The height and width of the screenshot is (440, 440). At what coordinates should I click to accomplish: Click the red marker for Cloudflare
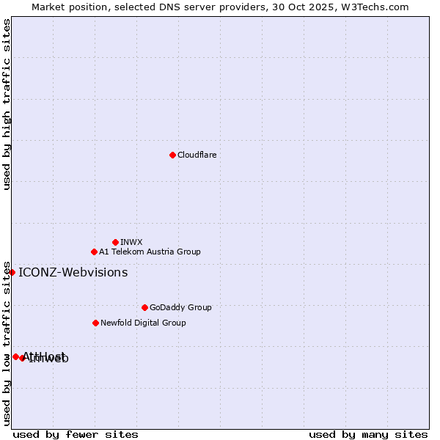(172, 155)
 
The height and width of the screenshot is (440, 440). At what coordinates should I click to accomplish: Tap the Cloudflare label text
(197, 155)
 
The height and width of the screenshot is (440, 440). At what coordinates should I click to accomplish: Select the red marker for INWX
(115, 242)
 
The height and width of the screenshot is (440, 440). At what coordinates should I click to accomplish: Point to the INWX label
(131, 242)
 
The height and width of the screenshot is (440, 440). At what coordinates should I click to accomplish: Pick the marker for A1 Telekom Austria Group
(94, 252)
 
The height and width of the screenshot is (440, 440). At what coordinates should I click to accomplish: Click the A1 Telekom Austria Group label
(150, 252)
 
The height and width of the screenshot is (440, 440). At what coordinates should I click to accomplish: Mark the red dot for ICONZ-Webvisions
(12, 272)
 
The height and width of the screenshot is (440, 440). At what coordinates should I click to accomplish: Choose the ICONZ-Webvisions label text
(73, 273)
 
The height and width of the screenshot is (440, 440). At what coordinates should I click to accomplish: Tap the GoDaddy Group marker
(144, 307)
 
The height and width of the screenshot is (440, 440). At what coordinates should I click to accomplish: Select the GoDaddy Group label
(180, 307)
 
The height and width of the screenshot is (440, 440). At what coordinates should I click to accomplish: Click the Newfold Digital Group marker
(95, 323)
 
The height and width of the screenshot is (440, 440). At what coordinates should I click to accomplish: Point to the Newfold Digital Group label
(143, 323)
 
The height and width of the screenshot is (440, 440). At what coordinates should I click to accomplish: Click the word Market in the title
(48, 7)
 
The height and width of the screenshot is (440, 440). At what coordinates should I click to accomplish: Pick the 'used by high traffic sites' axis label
(7, 104)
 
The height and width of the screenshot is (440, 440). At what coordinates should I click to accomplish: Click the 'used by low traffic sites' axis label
(7, 342)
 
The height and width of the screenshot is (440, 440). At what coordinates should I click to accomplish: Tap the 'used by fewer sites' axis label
(75, 434)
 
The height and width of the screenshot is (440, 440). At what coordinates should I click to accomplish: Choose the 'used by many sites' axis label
(368, 434)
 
